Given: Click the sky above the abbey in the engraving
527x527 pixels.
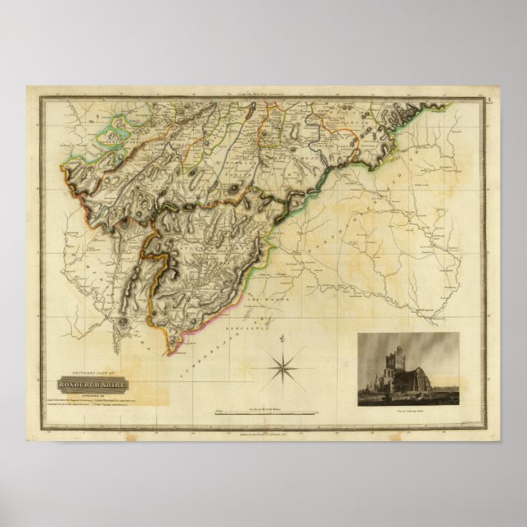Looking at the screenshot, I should click(426, 344).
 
